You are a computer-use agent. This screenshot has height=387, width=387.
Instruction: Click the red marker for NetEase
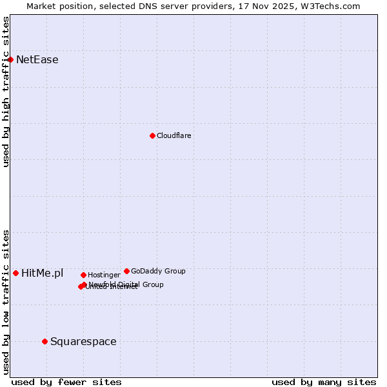coord(10,59)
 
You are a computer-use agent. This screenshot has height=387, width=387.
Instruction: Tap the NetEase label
coord(37,60)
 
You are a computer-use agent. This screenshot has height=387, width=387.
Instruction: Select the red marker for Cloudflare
coord(152,135)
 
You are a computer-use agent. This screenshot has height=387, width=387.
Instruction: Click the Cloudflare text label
coord(174,135)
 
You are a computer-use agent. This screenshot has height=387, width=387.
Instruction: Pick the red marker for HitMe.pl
coord(15,273)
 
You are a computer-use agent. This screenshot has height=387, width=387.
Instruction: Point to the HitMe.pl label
coord(43,273)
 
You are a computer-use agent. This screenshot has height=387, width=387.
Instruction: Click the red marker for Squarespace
coord(45,341)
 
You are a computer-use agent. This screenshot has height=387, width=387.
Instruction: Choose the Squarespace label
coord(83,342)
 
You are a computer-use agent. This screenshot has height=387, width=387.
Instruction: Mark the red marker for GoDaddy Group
coord(126,271)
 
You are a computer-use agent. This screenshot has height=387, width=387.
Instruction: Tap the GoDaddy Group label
coord(158,271)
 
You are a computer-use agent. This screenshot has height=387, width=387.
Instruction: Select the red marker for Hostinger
coord(83,275)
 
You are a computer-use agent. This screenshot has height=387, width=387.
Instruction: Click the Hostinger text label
coord(104,275)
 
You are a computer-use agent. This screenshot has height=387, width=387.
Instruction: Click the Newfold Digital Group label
coord(126,284)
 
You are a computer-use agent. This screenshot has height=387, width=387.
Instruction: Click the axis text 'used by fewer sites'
coord(66,382)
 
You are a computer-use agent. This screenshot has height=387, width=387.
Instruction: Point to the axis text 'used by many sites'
coord(324,382)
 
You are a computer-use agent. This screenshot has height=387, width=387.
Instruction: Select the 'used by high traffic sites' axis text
coord(6,92)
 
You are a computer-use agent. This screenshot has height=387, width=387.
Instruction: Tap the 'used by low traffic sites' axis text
coord(6,301)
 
